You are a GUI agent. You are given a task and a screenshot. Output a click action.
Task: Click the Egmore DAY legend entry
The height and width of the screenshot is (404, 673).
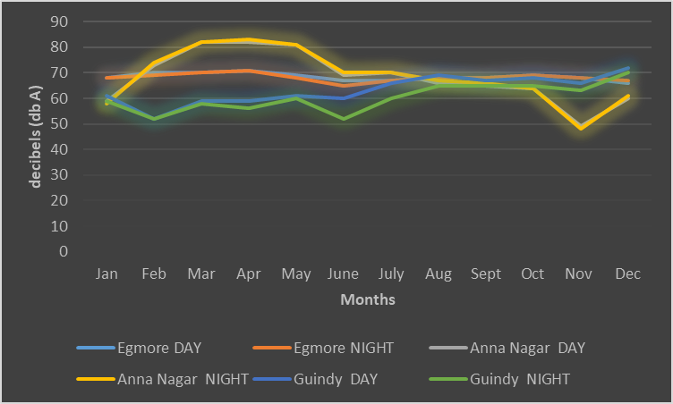139,348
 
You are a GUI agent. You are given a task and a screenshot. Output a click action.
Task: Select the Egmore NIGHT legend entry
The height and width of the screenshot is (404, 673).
323,348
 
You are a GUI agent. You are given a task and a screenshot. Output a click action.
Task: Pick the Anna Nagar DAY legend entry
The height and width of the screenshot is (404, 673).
507,348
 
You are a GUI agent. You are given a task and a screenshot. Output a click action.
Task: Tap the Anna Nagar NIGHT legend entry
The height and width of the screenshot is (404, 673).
163,379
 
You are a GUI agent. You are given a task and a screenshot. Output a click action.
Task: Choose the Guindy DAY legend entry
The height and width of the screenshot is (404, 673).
315,379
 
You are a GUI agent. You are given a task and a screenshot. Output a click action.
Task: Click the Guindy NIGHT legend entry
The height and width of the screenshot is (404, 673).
499,379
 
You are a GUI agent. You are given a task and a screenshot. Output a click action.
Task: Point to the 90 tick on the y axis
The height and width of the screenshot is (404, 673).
59,21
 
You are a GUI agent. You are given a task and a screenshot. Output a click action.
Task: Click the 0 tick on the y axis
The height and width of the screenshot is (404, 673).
64,251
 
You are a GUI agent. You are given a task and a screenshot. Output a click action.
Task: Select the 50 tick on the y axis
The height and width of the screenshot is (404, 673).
59,124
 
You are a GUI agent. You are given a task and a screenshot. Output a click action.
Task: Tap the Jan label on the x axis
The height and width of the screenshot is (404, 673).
106,274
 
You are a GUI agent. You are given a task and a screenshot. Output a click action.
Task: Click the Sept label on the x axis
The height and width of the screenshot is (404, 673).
485,274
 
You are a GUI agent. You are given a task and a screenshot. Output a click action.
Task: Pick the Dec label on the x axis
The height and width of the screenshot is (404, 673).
627,274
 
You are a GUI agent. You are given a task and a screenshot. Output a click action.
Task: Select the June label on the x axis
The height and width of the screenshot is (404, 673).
343,274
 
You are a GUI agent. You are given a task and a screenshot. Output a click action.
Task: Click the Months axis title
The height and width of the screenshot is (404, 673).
368,299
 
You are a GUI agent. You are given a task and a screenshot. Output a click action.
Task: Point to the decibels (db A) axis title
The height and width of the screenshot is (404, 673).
35,138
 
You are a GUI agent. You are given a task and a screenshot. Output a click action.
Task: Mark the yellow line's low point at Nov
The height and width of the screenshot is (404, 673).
581,128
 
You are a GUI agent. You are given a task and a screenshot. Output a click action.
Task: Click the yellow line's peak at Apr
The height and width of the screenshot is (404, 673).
249,39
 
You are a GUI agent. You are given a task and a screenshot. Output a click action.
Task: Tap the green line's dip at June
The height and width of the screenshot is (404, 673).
344,119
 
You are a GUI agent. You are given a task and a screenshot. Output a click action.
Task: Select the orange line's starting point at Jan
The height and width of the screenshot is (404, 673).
106,78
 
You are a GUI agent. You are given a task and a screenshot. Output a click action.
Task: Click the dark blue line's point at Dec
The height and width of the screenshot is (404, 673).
628,68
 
